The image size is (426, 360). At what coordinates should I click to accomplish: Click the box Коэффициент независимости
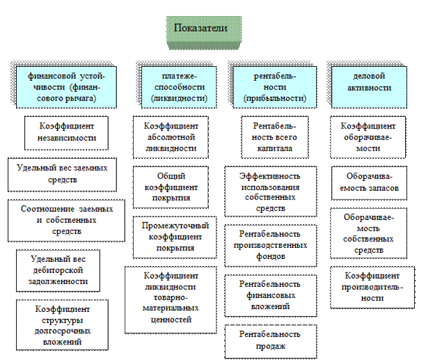pyautogui.click(x=68, y=132)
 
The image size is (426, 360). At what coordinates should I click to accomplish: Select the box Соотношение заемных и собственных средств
pyautogui.click(x=62, y=219)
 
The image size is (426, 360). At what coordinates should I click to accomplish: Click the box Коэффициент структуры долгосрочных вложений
pyautogui.click(x=62, y=324)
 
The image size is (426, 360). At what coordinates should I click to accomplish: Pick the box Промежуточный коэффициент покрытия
pyautogui.click(x=171, y=237)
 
